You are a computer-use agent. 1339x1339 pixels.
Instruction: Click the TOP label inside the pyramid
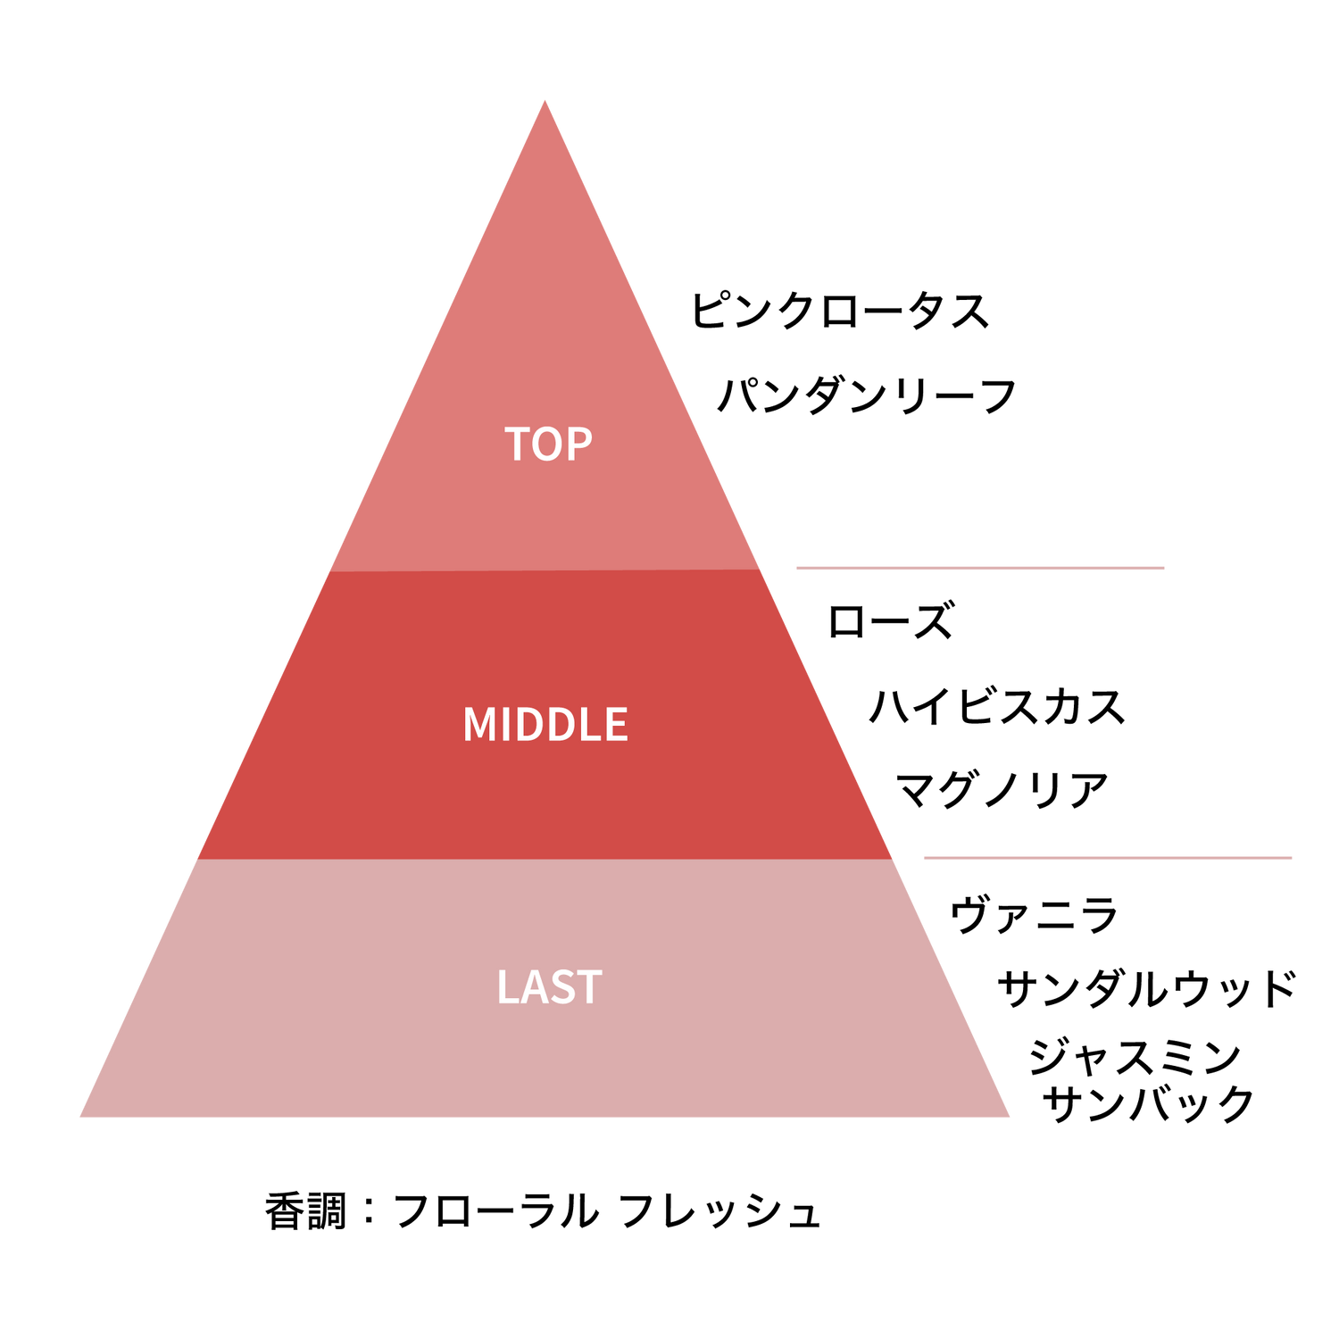point(548,444)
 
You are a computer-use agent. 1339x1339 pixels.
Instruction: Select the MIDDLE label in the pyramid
point(545,724)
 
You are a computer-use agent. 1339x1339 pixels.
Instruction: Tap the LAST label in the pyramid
point(549,987)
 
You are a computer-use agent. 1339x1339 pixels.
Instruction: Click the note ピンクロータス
point(840,311)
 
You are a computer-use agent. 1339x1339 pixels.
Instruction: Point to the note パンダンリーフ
point(867,395)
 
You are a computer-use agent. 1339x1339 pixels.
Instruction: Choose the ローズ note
point(891,620)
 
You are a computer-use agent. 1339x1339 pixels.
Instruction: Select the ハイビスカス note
point(997,706)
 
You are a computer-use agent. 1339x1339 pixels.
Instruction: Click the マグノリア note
point(1002,790)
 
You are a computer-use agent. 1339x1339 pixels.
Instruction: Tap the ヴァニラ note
point(1034,915)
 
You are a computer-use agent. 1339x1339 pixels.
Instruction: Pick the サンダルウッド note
point(1146,988)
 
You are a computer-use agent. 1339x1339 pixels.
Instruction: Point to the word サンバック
point(1148,1104)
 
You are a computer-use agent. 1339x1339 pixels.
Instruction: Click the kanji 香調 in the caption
point(305,1211)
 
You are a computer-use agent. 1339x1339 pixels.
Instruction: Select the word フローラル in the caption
point(495,1211)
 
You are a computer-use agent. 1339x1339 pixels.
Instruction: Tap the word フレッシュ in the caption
point(719,1211)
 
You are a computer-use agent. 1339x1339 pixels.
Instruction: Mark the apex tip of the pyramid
point(545,100)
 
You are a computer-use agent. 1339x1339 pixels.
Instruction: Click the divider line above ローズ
point(980,568)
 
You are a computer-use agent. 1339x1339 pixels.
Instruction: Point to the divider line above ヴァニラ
point(1108,858)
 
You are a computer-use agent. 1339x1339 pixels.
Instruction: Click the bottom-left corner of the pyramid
point(80,1117)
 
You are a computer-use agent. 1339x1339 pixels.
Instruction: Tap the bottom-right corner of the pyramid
point(1010,1117)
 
